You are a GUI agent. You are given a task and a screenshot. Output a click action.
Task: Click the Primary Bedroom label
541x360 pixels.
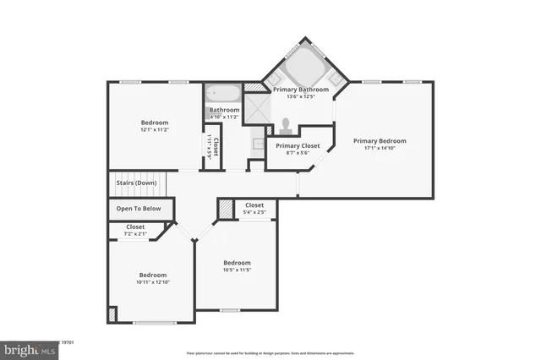tap(380, 141)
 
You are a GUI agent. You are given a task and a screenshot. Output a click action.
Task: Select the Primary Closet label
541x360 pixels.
tap(298, 145)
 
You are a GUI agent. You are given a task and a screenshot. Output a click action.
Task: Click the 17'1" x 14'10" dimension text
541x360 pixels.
tap(380, 150)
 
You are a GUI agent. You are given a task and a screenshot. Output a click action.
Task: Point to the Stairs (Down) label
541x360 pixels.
tap(135, 183)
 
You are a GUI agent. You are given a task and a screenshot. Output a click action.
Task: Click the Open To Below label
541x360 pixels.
tap(139, 208)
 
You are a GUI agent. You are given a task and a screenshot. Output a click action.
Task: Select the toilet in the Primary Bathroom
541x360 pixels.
tap(287, 126)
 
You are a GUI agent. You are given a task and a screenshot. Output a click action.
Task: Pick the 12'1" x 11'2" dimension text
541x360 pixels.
tap(154, 130)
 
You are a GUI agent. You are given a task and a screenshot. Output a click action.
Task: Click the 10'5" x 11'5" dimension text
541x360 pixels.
tap(237, 270)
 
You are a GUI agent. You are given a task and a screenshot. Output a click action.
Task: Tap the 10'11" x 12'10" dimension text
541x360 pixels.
tap(153, 283)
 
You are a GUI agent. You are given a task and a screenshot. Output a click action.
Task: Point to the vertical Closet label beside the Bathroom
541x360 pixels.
tap(216, 146)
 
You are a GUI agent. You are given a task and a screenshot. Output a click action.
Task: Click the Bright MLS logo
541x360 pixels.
tap(30, 348)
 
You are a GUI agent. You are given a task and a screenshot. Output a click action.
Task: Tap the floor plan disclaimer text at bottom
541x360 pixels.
tap(270, 353)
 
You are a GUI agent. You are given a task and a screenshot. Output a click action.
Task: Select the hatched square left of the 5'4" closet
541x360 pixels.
tap(226, 209)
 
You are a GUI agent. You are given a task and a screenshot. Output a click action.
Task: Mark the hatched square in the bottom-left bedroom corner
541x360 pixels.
tap(112, 314)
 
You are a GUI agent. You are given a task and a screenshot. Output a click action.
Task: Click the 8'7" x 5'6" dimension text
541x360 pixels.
tap(298, 154)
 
